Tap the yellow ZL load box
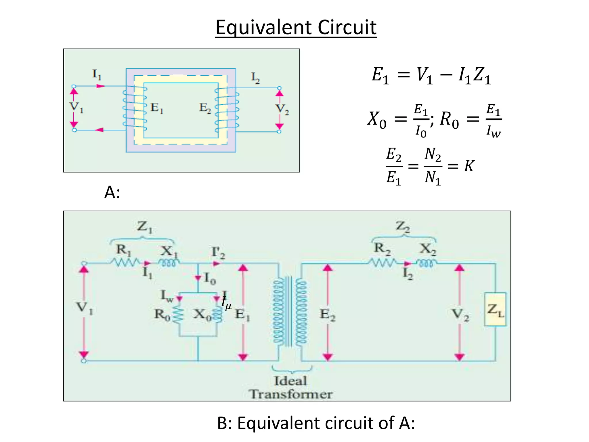tap(495, 309)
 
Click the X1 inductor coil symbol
tap(169, 263)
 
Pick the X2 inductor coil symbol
tap(426, 263)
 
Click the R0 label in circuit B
tap(162, 314)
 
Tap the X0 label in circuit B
tap(202, 314)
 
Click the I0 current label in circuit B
tap(210, 278)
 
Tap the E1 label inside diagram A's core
tap(157, 108)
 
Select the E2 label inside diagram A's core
tap(205, 108)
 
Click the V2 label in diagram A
tap(282, 109)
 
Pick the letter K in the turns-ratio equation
tap(469, 166)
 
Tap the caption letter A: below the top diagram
tap(112, 192)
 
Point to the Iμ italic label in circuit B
tap(226, 303)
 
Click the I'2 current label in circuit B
tap(218, 252)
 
